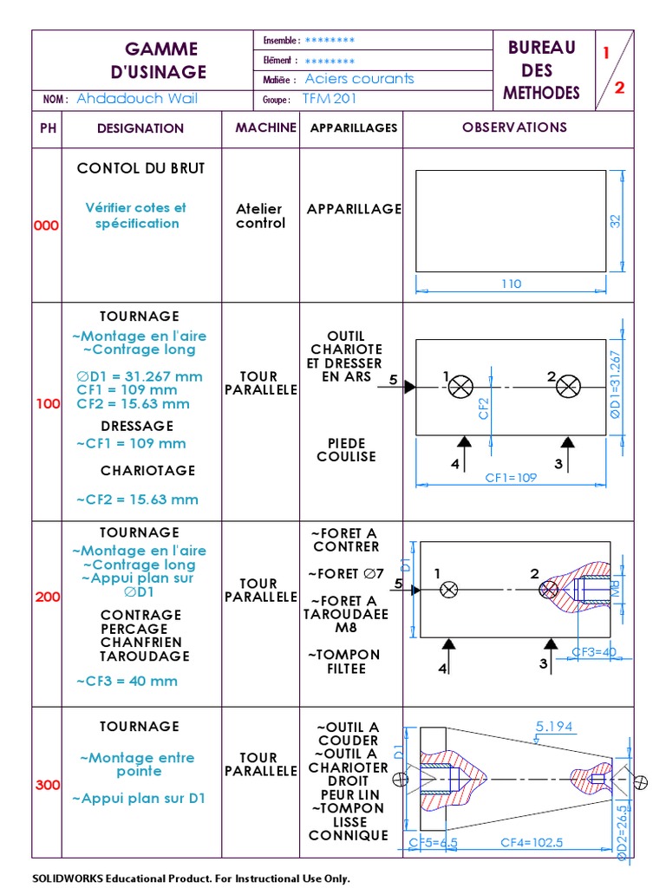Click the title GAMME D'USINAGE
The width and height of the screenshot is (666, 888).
(161, 60)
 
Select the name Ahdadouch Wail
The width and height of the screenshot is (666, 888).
(137, 99)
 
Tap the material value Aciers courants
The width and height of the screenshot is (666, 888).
(360, 79)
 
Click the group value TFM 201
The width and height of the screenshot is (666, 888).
(330, 99)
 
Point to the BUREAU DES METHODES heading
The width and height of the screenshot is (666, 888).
(542, 70)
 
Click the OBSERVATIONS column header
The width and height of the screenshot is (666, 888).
(514, 127)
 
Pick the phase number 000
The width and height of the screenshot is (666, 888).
(47, 225)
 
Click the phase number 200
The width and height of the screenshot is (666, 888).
(47, 597)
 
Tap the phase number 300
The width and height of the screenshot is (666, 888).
(47, 786)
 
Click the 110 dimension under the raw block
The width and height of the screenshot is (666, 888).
(512, 284)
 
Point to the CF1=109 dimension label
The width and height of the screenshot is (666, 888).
(512, 478)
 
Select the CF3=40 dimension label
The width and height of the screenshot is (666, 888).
(594, 651)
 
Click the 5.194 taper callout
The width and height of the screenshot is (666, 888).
(555, 727)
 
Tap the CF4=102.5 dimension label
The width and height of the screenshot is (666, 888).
(532, 842)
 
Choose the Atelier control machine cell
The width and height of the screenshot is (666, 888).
(260, 216)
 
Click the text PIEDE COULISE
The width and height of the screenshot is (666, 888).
(346, 449)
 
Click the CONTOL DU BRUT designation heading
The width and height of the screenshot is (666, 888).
(140, 168)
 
